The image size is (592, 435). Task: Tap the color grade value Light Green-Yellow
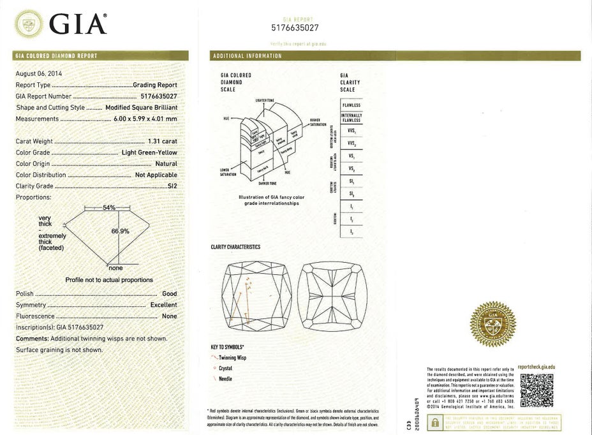click(149, 152)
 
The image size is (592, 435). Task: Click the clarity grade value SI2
click(171, 186)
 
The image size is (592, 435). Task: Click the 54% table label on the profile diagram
click(108, 208)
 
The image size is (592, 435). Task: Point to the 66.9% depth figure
click(121, 231)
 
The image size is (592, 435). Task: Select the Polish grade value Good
click(169, 294)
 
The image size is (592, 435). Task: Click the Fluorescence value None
click(169, 316)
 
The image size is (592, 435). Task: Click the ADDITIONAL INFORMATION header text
click(247, 56)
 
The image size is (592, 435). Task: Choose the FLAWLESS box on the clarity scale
click(351, 105)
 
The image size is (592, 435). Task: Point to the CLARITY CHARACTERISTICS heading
click(235, 247)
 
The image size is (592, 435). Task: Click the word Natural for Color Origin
click(166, 164)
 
